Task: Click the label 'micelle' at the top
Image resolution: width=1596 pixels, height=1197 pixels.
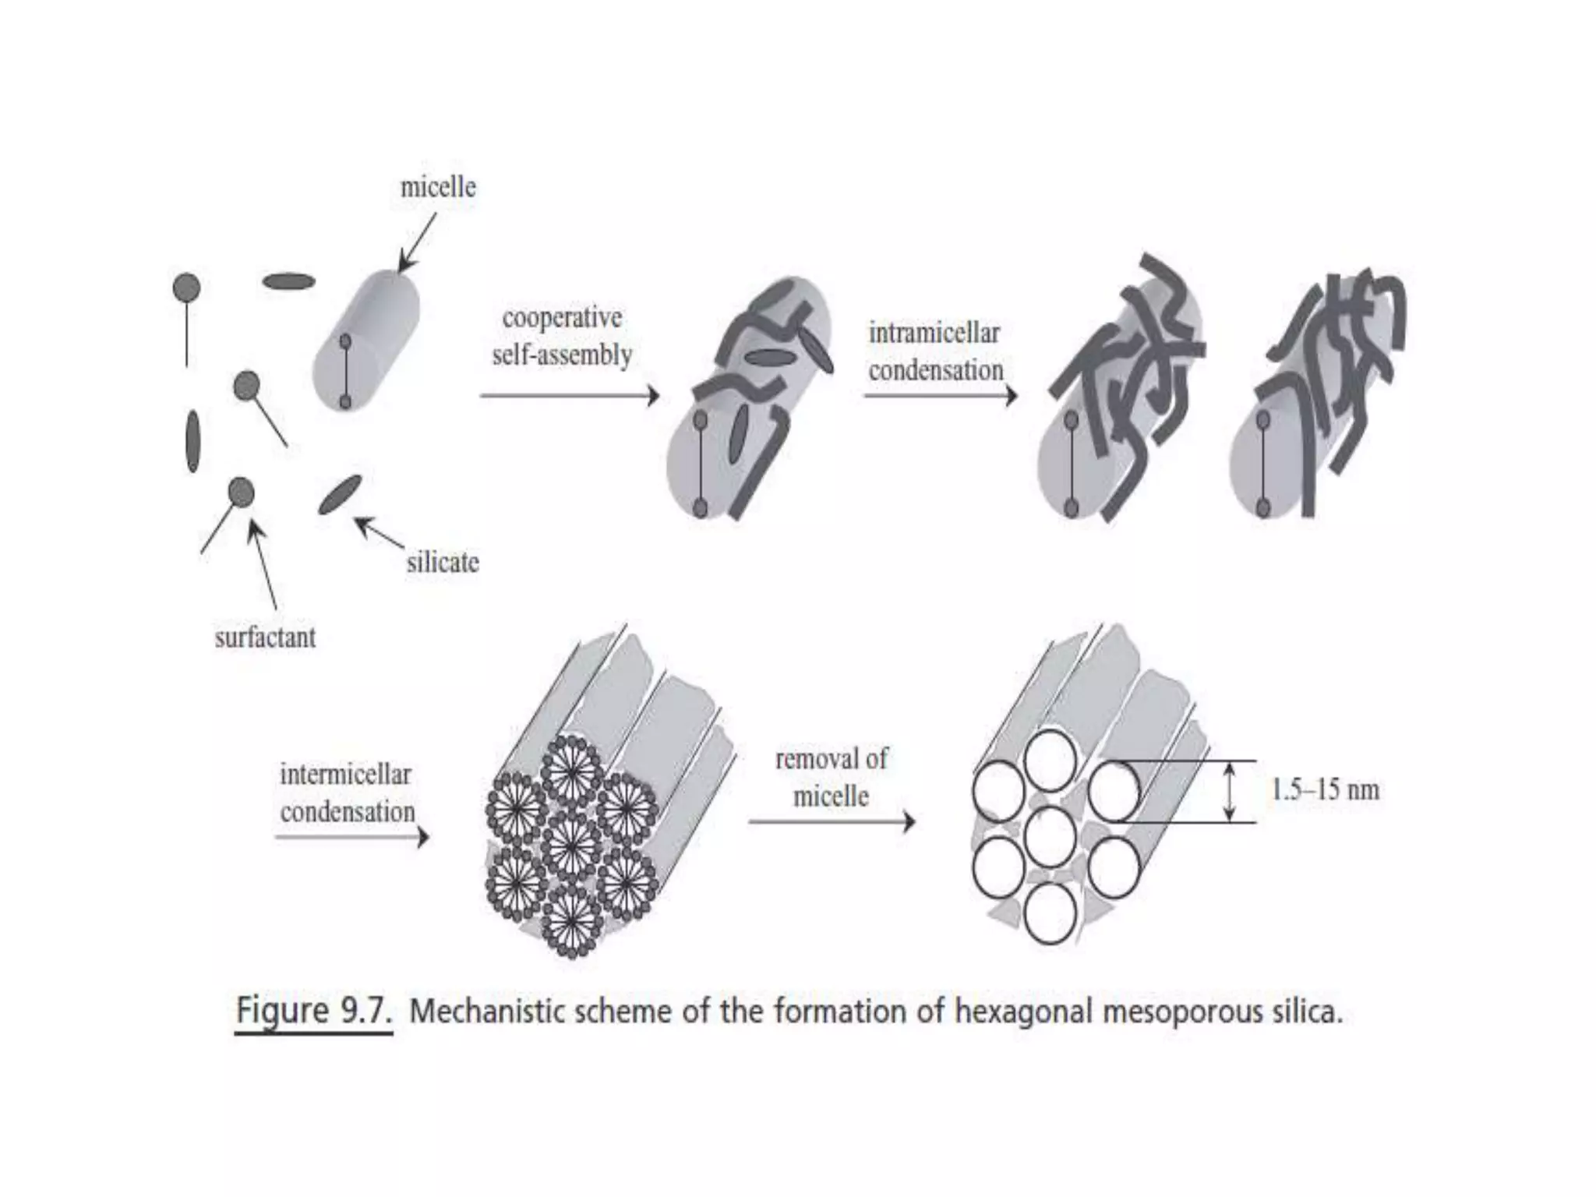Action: pos(437,188)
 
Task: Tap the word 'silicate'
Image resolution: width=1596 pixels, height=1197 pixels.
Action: pos(442,562)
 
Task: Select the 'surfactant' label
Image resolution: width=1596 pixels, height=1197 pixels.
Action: pos(265,637)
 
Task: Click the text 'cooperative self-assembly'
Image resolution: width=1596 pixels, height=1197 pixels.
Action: pos(562,337)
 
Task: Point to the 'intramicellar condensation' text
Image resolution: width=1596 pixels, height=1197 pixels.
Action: pos(935,351)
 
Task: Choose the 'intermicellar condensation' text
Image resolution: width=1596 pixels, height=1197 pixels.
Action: pos(347,793)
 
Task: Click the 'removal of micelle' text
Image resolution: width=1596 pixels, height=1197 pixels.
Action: pos(831,777)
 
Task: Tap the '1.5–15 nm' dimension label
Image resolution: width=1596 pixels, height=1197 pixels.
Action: pos(1325,790)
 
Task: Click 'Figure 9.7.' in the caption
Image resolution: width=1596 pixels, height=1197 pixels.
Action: pos(313,1012)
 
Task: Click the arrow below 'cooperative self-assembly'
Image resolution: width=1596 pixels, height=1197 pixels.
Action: pos(570,396)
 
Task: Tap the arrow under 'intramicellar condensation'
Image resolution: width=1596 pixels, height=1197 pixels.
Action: pos(941,396)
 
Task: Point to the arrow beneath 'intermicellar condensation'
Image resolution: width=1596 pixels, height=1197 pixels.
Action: pos(351,838)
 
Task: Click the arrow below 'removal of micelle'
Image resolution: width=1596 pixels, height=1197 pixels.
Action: pos(832,821)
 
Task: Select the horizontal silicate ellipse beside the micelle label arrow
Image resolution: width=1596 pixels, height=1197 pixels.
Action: pos(288,281)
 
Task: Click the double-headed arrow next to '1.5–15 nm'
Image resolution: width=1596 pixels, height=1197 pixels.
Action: pos(1230,792)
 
